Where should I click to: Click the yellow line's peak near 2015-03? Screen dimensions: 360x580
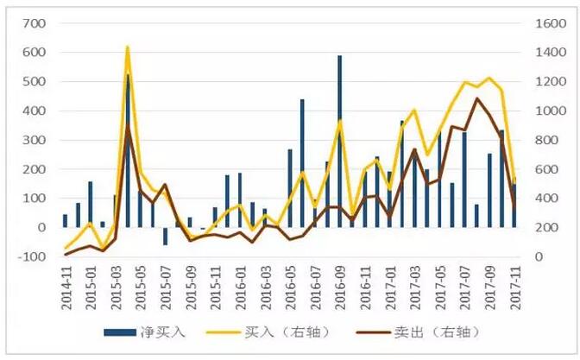coord(128,47)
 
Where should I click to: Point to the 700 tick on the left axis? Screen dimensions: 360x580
coord(33,22)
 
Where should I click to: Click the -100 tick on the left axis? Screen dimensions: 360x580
coord(31,256)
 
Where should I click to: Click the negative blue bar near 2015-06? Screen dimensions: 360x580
coord(165,236)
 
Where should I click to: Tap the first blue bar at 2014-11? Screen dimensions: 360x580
coord(65,220)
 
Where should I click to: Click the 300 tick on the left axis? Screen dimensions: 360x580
coord(33,140)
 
